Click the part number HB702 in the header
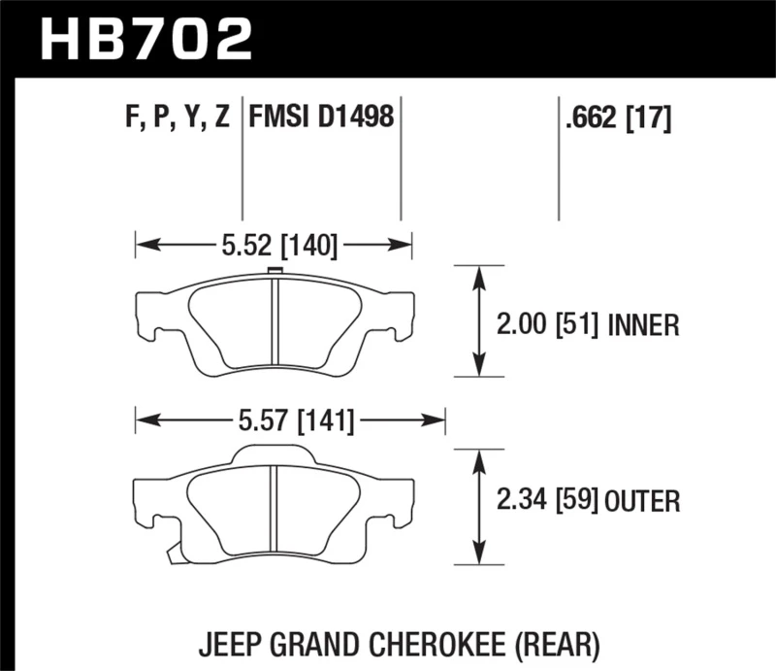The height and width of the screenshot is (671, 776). pos(145,38)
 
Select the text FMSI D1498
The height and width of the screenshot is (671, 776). pos(321,119)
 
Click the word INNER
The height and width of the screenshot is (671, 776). pos(643,324)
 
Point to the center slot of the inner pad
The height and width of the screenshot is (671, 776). pos(275,326)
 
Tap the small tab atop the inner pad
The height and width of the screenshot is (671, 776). pos(274,272)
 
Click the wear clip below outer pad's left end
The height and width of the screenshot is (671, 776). pos(172,554)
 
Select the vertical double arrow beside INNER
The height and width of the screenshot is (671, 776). pos(478,320)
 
